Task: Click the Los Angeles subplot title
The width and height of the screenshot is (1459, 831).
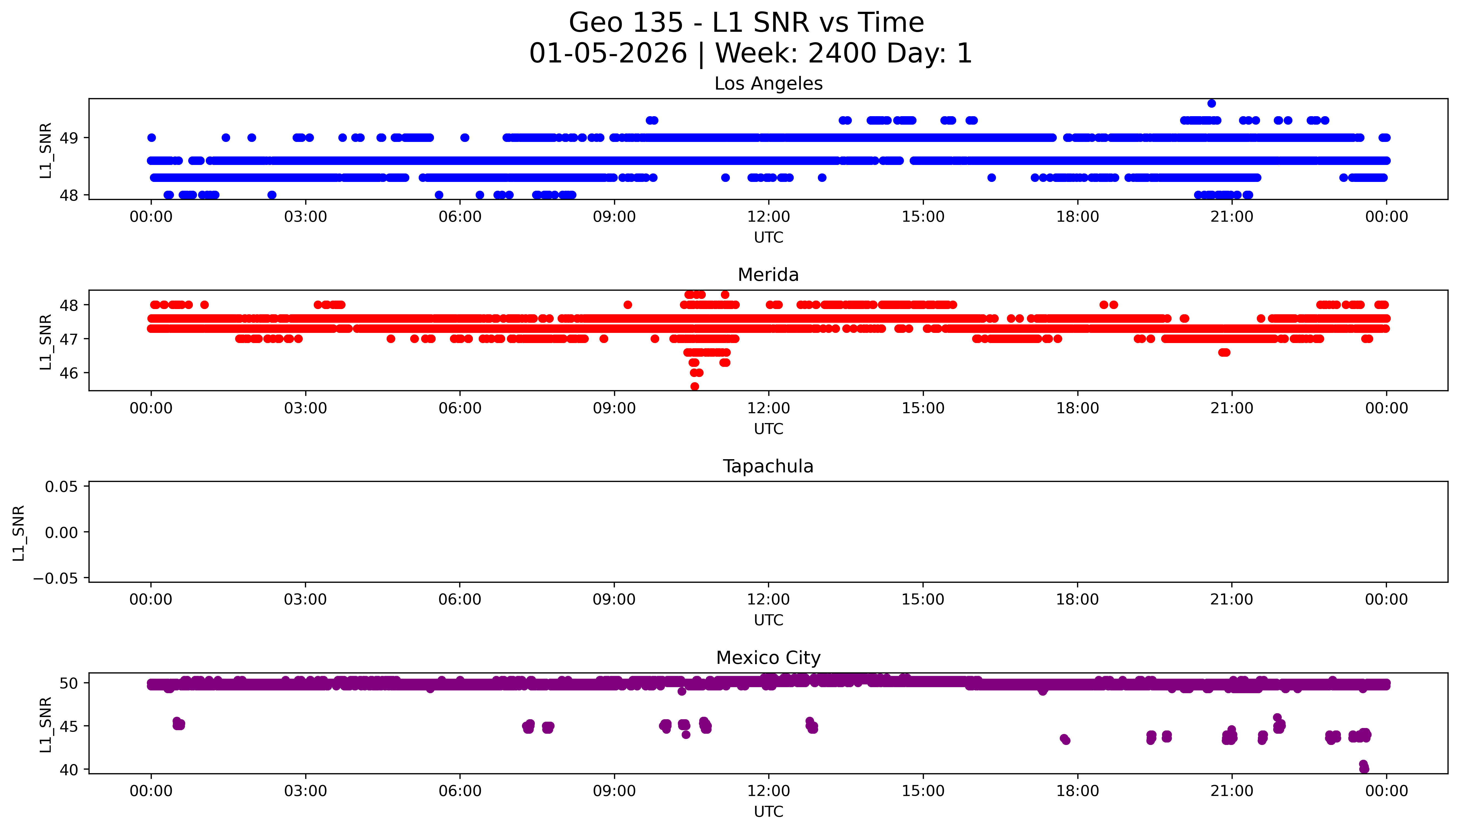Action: point(768,84)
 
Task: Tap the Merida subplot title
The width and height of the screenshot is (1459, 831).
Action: point(768,275)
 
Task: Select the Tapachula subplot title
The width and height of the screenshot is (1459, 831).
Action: point(768,466)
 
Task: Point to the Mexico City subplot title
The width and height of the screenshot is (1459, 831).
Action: point(768,658)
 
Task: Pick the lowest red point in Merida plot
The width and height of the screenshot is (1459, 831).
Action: point(694,386)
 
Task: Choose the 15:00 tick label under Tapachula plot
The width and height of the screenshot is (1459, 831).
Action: point(923,600)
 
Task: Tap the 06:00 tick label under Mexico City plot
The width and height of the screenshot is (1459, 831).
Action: point(460,791)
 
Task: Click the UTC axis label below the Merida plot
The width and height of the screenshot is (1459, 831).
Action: point(768,429)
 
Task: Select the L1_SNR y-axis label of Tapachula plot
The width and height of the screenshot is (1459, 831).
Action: point(19,533)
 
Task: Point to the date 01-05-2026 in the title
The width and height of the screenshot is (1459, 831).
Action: point(608,54)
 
